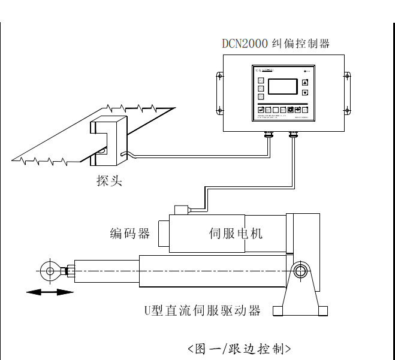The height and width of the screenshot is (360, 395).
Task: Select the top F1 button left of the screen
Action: point(261,80)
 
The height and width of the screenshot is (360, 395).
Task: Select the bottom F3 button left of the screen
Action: point(261,96)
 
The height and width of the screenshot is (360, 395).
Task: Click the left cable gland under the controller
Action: point(268,135)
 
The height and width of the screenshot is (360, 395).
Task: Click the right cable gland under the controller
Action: point(294,135)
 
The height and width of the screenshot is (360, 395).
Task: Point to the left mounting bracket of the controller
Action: point(219,92)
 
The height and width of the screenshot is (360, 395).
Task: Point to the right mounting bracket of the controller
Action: point(346,92)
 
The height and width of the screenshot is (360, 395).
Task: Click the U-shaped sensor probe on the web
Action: point(108,141)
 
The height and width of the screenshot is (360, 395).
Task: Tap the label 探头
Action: point(109,180)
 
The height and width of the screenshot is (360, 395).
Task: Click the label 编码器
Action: point(129,233)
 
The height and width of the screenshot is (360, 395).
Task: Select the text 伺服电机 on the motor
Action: point(236,233)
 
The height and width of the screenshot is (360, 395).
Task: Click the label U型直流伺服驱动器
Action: point(203,310)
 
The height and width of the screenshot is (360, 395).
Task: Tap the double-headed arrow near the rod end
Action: point(49,292)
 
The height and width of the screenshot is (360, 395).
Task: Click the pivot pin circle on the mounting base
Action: point(300,271)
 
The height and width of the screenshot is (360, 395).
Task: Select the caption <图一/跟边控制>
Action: point(239,348)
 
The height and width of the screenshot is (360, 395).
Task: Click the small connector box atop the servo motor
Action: point(180,210)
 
